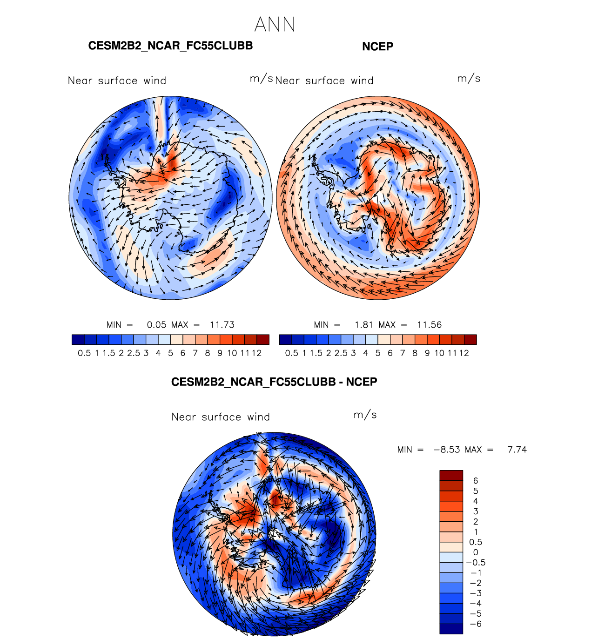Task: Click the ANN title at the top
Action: pos(275,25)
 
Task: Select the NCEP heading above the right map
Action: pos(377,47)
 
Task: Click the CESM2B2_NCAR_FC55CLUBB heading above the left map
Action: pos(170,46)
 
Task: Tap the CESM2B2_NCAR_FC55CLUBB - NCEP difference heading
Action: pos(274,382)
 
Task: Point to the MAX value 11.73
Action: pos(222,325)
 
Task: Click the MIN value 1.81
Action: pos(363,325)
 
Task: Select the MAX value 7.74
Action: pos(517,450)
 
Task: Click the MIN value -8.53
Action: pos(447,450)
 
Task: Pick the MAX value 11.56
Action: pos(429,325)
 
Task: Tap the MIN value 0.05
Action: pos(156,325)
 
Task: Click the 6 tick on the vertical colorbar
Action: pos(476,481)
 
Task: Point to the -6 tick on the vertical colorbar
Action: pos(476,624)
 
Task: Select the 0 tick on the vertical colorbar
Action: pos(476,552)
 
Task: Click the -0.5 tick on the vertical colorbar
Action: pos(476,563)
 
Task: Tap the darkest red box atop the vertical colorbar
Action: pos(451,475)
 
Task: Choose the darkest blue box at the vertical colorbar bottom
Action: pos(451,629)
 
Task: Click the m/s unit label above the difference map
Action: pos(365,415)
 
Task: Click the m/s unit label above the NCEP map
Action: pos(469,78)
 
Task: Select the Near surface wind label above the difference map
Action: pos(221,417)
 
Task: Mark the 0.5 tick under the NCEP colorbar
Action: pos(292,353)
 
